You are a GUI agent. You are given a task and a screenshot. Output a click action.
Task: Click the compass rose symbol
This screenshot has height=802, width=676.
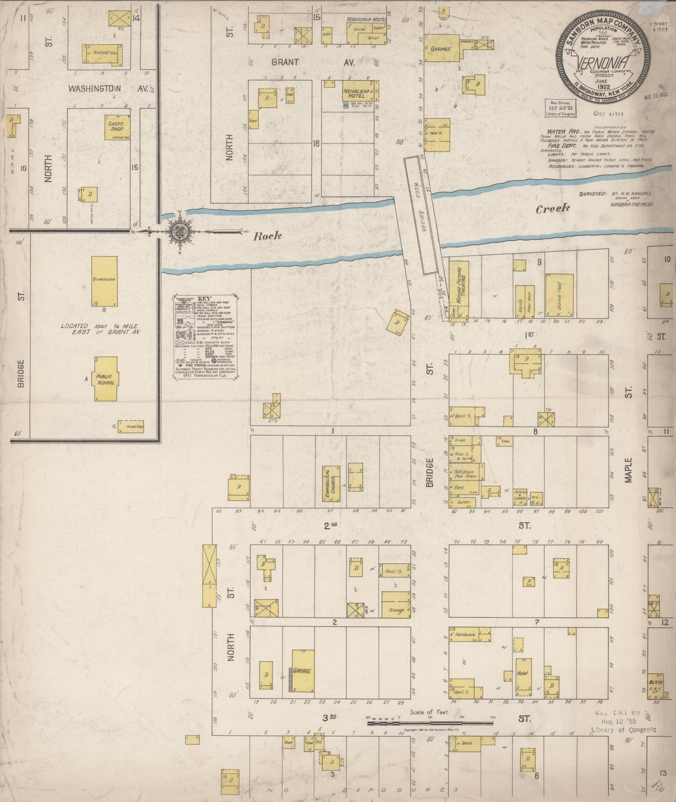[178, 230]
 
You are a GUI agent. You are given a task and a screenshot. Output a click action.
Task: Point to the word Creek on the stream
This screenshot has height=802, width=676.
[553, 209]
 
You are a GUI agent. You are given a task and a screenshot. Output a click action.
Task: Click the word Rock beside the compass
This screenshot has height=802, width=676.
[267, 236]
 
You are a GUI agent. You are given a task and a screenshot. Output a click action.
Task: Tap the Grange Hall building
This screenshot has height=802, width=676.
[102, 53]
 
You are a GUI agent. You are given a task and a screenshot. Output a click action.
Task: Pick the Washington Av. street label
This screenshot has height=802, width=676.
[110, 88]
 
